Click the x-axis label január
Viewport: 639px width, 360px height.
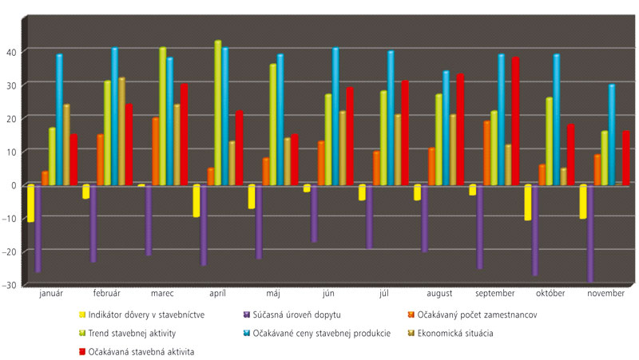click(51, 294)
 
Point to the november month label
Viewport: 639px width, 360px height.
click(605, 294)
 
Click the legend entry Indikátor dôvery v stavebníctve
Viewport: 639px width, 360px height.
click(147, 315)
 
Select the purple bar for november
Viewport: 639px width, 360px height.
click(590, 233)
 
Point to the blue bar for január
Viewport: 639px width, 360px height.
click(59, 120)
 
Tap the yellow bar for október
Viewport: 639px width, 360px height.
click(528, 203)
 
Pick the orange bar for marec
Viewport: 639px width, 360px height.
click(156, 152)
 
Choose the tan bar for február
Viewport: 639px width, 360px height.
click(121, 132)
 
